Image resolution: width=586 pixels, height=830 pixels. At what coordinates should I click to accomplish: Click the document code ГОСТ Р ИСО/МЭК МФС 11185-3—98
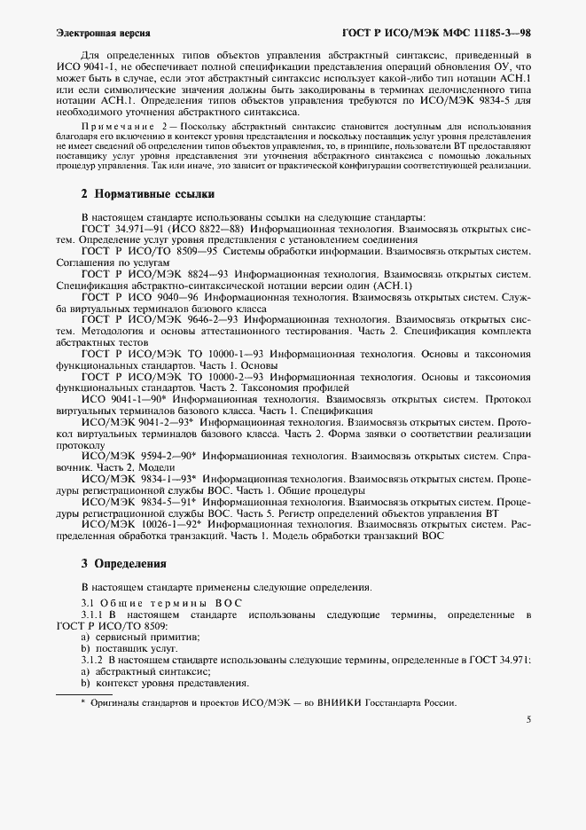click(436, 34)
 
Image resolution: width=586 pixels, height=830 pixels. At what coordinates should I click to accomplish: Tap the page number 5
click(528, 720)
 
